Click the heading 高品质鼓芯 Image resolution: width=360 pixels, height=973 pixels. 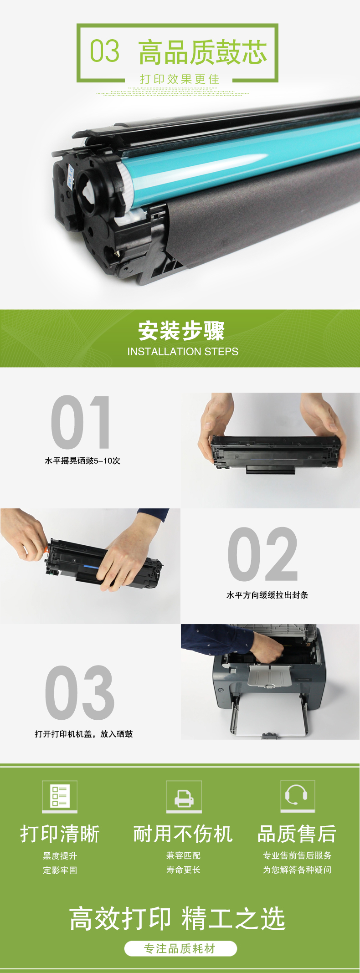[x=203, y=52]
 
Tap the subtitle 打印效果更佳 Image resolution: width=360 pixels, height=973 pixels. [x=180, y=79]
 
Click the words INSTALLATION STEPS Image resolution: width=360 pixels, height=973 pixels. [x=183, y=352]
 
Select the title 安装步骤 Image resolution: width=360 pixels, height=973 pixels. [x=181, y=331]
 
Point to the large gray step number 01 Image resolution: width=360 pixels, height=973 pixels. [x=81, y=422]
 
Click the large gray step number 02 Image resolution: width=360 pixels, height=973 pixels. [x=263, y=554]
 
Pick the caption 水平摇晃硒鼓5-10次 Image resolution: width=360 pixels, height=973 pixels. [x=82, y=461]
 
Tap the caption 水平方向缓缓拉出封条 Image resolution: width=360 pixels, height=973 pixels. [x=267, y=595]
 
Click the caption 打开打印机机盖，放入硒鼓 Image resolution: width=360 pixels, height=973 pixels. [x=84, y=734]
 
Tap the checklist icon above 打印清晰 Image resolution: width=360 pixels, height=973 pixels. [x=60, y=796]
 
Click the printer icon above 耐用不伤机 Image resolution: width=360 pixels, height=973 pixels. [x=184, y=796]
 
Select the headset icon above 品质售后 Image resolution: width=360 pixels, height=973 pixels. [x=298, y=796]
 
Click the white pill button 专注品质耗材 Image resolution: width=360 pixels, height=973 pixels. [x=180, y=948]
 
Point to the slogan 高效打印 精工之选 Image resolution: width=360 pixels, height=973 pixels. [x=177, y=919]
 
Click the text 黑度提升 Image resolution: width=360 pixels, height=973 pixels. [x=60, y=856]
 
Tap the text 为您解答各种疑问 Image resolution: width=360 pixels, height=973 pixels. [x=297, y=870]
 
